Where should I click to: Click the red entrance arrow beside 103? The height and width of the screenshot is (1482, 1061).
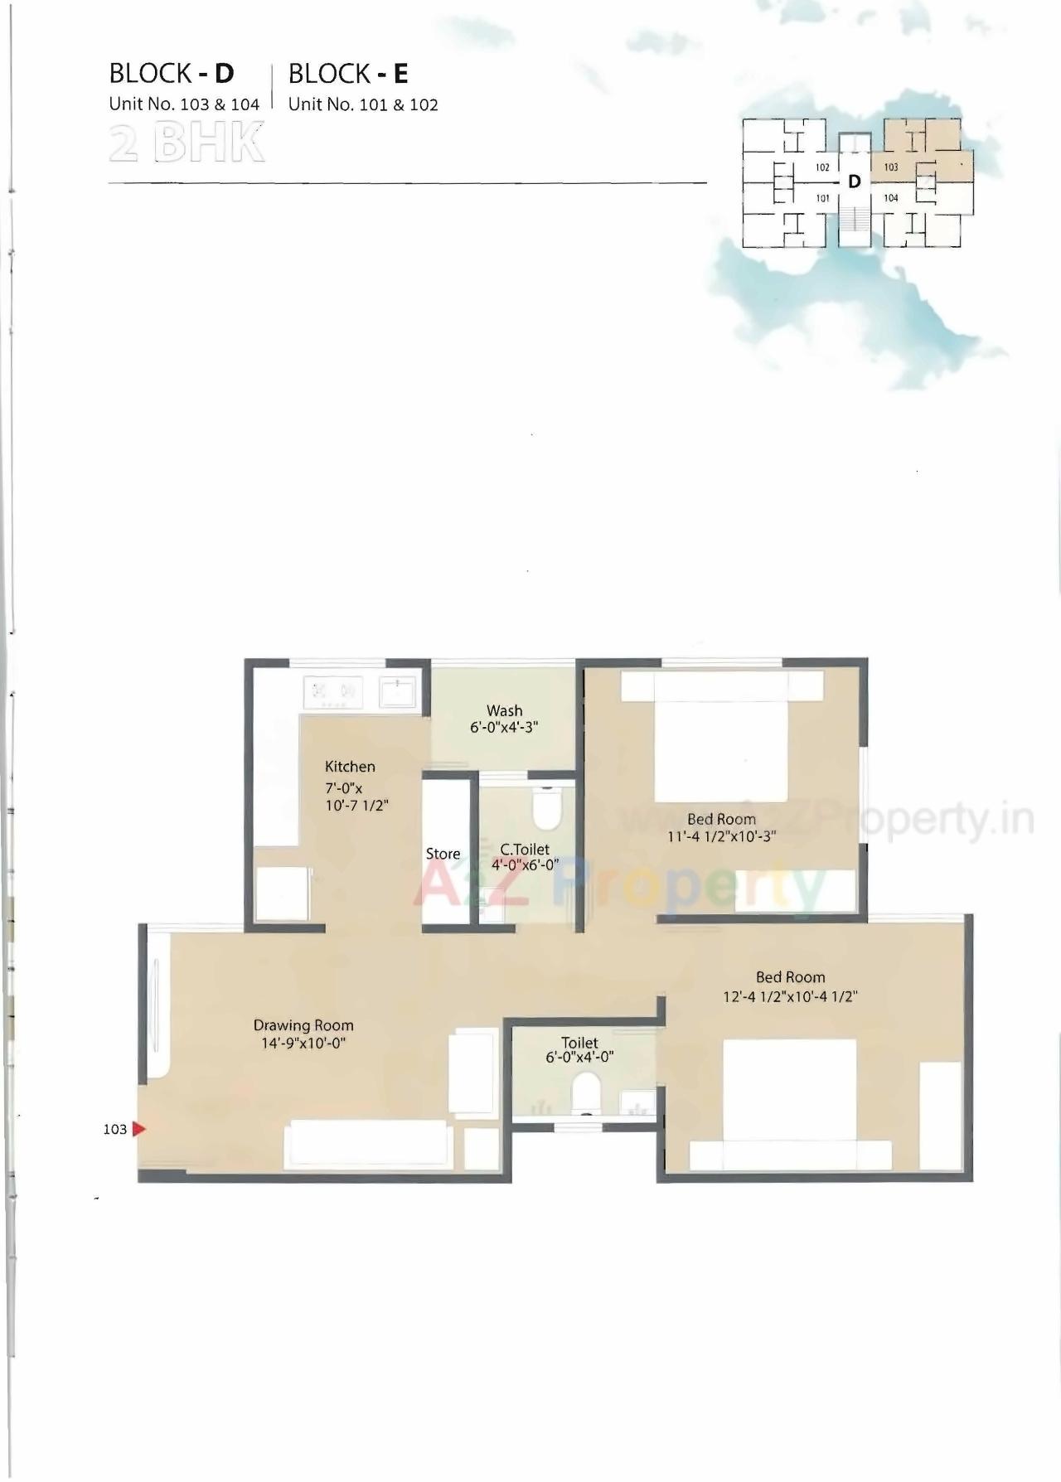138,1129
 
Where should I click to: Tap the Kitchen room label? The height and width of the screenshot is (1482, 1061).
350,767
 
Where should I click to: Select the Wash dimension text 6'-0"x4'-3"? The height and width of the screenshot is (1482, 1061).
504,728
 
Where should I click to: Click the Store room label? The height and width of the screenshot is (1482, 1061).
443,854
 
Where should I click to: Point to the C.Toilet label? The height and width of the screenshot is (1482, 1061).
525,850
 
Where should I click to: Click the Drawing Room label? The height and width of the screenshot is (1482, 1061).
303,1025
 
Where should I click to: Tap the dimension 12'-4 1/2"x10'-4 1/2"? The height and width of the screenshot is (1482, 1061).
790,996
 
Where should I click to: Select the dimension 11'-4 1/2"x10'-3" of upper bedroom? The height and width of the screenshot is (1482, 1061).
721,836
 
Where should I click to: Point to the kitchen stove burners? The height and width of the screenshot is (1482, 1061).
333,693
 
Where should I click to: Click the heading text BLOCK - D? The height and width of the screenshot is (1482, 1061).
172,74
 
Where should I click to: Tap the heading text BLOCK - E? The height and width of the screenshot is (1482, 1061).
348,74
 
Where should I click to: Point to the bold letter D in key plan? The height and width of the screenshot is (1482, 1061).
855,182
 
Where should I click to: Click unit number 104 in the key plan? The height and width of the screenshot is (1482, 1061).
891,198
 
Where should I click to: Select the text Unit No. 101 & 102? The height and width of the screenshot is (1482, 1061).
363,104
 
